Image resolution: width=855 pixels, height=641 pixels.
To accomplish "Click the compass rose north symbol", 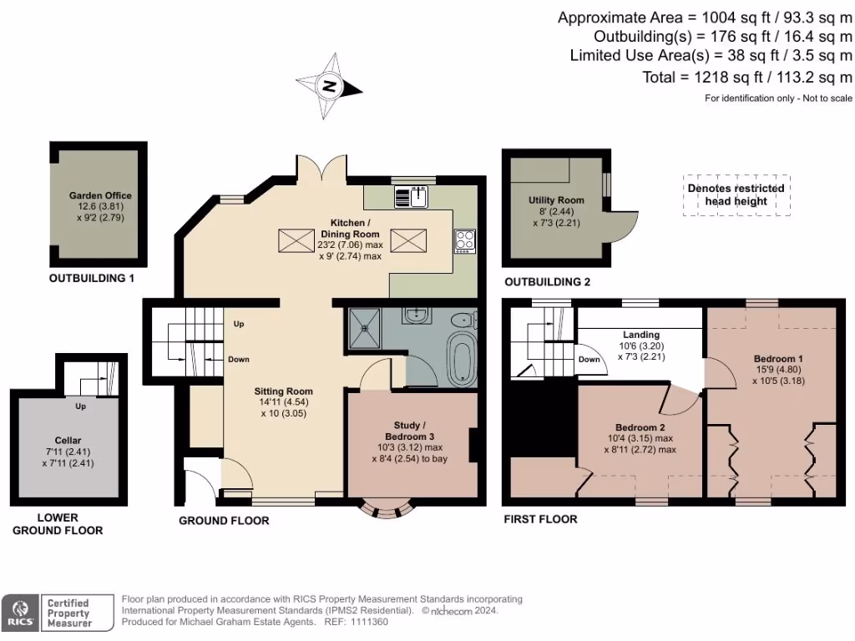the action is coord(329,86).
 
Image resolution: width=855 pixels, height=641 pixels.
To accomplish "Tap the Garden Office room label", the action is coord(100,195).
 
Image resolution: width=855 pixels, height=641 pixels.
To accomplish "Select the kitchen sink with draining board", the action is coord(411,197).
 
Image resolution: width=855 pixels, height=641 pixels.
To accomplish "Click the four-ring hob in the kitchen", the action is coord(465,241).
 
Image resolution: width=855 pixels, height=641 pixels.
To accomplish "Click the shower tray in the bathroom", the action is coord(365,328).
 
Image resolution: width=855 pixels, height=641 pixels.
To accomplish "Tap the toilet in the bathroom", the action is coord(464,320).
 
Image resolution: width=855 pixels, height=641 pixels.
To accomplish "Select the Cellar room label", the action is coord(68,441).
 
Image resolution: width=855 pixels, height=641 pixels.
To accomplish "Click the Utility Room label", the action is coord(556,200).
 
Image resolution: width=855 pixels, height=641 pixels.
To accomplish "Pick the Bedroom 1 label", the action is coord(778,359).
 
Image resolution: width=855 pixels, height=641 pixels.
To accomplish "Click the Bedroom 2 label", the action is coord(640,427).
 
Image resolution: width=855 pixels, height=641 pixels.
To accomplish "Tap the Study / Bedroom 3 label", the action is coord(409,431).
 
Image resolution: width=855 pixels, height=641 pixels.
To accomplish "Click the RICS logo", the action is coord(20,613).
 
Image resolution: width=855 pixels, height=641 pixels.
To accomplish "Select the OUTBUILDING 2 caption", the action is coord(548,282).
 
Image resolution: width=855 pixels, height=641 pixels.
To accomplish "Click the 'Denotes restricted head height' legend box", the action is coord(736,195).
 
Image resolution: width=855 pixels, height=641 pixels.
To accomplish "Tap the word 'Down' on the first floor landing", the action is coord(589,359).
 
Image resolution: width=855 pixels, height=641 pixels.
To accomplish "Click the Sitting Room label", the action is coord(284,391).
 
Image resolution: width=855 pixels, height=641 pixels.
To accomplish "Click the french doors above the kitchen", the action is coord(321,167).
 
